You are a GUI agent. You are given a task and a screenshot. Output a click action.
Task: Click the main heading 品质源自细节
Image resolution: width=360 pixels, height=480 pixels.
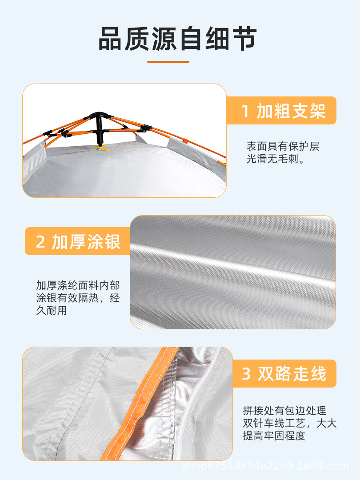(177, 39)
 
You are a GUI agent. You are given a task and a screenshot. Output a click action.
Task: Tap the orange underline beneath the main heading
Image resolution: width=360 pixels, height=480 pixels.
(168, 61)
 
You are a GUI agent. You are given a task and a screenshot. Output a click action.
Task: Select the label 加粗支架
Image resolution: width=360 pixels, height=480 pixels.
(291, 111)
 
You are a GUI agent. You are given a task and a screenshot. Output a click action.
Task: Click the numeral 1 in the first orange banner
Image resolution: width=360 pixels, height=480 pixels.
(245, 111)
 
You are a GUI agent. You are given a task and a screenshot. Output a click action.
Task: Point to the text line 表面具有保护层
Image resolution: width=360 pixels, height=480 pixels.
(283, 146)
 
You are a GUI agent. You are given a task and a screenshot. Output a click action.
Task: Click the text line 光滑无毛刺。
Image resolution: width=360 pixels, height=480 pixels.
(276, 159)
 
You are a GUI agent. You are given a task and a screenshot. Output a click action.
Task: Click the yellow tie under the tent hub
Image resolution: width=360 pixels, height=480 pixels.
(103, 148)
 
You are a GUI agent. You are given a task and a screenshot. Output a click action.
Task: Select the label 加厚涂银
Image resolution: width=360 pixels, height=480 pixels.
(86, 241)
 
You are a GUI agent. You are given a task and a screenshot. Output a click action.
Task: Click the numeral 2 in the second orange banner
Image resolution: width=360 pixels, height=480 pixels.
(40, 242)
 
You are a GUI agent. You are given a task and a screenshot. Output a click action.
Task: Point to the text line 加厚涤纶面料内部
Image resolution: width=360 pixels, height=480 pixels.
(78, 285)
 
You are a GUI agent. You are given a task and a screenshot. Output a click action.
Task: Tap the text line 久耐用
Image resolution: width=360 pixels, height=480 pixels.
(52, 310)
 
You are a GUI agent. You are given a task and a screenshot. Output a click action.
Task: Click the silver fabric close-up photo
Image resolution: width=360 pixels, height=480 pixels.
(232, 272)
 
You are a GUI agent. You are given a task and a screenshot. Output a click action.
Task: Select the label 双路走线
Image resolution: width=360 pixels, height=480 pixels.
(292, 374)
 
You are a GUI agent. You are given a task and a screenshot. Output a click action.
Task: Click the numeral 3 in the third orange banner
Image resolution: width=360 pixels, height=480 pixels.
(246, 374)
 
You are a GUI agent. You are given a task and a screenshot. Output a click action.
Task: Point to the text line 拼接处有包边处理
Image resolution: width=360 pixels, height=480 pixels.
(285, 411)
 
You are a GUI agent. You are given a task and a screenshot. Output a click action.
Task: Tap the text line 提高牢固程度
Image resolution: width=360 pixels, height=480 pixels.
(274, 436)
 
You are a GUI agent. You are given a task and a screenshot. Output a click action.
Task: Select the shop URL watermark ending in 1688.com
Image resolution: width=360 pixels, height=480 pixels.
(266, 466)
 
